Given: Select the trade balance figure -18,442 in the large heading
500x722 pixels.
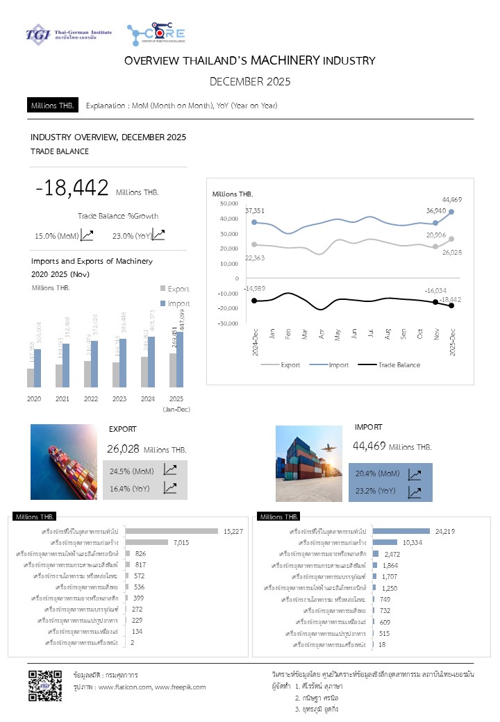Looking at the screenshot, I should tap(72, 187).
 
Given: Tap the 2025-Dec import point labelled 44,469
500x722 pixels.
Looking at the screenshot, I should tap(452, 212).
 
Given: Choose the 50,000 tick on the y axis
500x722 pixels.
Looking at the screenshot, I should tap(228, 203).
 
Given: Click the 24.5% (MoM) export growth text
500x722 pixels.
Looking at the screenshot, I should tap(132, 471).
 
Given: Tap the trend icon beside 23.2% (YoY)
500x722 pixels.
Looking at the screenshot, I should tap(414, 492).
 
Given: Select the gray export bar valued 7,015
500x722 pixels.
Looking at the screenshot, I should tap(148, 542).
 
